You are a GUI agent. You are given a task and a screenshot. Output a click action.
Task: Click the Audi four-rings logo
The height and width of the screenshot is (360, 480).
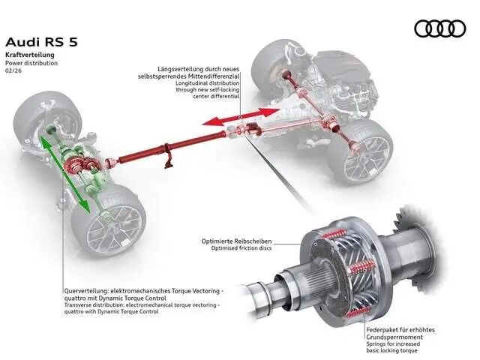coord(440,28)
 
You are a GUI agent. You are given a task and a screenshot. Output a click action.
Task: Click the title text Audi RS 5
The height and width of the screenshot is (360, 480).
coord(42,42)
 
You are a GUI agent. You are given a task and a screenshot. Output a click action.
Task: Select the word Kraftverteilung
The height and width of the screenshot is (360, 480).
coord(30,55)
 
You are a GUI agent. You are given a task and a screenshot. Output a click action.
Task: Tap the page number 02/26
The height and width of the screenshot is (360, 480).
coord(13,70)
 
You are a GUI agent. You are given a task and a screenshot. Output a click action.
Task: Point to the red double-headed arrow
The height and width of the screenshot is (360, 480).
coord(241,117)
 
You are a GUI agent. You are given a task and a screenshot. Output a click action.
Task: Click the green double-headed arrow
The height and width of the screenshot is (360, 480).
coord(65,174)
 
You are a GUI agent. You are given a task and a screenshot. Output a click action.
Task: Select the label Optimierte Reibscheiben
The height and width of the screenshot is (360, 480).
coord(236,241)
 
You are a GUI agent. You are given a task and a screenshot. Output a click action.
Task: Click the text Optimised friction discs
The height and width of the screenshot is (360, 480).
coord(241,248)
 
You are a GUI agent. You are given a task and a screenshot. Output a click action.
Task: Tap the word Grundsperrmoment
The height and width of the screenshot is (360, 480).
coord(394,337)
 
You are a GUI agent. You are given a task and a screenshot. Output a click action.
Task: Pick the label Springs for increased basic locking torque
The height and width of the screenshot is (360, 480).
coord(393,347)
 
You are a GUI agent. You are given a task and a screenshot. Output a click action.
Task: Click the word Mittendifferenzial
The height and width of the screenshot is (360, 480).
coord(214,76)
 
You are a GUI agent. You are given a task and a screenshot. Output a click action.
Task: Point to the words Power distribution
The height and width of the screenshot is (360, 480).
coord(31,63)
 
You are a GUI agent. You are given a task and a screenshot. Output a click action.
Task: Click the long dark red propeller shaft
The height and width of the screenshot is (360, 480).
coord(172,147)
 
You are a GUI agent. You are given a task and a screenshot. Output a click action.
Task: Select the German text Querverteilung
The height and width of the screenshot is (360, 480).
coord(86,291)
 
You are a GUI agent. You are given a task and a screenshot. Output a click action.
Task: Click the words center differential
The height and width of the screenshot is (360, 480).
coord(216,96)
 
